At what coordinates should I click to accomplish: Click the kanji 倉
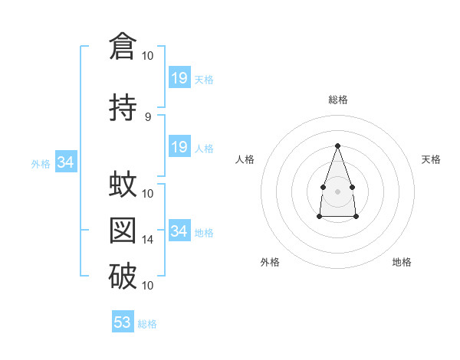(x=123, y=46)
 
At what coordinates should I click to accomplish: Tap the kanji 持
(x=123, y=107)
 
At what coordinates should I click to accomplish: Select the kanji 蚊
(x=123, y=184)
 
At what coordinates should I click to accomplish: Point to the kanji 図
(x=123, y=231)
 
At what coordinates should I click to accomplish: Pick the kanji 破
(x=123, y=276)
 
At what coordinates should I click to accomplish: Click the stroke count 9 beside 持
(x=148, y=117)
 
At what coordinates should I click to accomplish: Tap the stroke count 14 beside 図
(x=147, y=240)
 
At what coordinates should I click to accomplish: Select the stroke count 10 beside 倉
(x=147, y=56)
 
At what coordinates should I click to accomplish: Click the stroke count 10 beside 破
(x=147, y=286)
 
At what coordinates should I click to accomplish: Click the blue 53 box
(x=123, y=321)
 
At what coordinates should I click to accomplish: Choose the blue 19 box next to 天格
(x=180, y=77)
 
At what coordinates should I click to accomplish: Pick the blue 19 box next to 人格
(x=180, y=146)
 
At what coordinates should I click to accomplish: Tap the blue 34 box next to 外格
(x=66, y=162)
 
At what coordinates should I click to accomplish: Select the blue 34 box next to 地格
(x=180, y=230)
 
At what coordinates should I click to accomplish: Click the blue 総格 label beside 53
(x=147, y=324)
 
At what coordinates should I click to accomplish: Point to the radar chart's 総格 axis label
(x=338, y=100)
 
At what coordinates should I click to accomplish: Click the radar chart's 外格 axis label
(x=270, y=262)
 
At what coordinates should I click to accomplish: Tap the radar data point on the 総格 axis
(x=337, y=146)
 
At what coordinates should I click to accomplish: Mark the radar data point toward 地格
(x=356, y=217)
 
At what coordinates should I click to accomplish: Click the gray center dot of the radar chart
(x=337, y=191)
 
